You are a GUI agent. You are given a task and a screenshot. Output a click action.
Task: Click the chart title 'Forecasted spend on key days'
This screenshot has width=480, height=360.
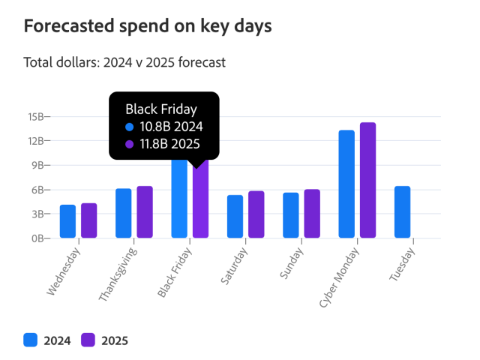point(148,26)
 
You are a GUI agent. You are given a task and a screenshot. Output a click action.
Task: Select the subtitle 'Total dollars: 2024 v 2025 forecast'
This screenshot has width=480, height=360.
point(124,62)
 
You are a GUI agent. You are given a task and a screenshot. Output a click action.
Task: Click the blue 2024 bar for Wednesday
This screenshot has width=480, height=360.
point(67,221)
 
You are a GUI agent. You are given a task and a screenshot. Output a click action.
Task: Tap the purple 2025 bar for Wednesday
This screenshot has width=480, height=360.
point(89,220)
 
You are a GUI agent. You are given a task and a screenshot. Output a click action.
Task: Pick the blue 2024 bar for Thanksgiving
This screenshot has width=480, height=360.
point(123,213)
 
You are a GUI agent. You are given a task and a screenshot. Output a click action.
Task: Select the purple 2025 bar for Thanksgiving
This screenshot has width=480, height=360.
point(145,212)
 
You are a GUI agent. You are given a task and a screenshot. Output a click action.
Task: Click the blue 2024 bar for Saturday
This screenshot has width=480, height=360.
point(235,217)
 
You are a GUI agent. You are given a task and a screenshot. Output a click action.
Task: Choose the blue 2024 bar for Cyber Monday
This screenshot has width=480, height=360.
point(346,184)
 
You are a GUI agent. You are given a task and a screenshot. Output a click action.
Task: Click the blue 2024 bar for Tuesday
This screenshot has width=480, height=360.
point(402,212)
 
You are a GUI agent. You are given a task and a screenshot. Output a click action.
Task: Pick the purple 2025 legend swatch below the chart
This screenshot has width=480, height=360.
point(88,340)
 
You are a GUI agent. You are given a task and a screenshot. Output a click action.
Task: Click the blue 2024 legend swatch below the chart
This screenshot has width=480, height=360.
point(31,340)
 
